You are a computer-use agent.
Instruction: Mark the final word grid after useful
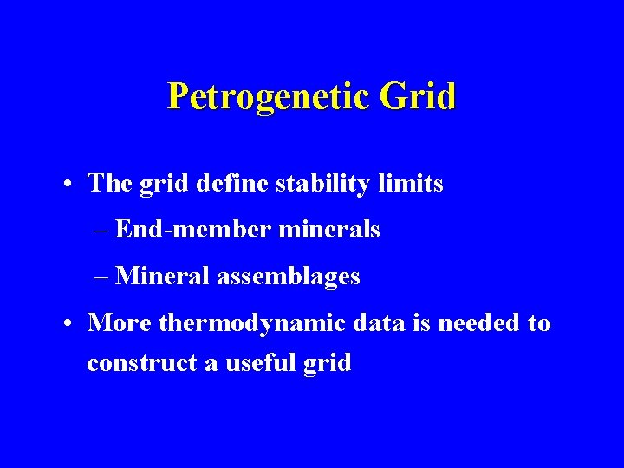pos(328,364)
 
